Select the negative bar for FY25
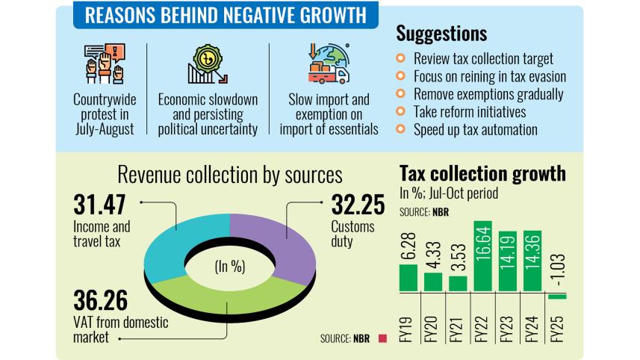point(558,296)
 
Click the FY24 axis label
point(532,328)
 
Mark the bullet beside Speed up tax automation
point(400,128)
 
